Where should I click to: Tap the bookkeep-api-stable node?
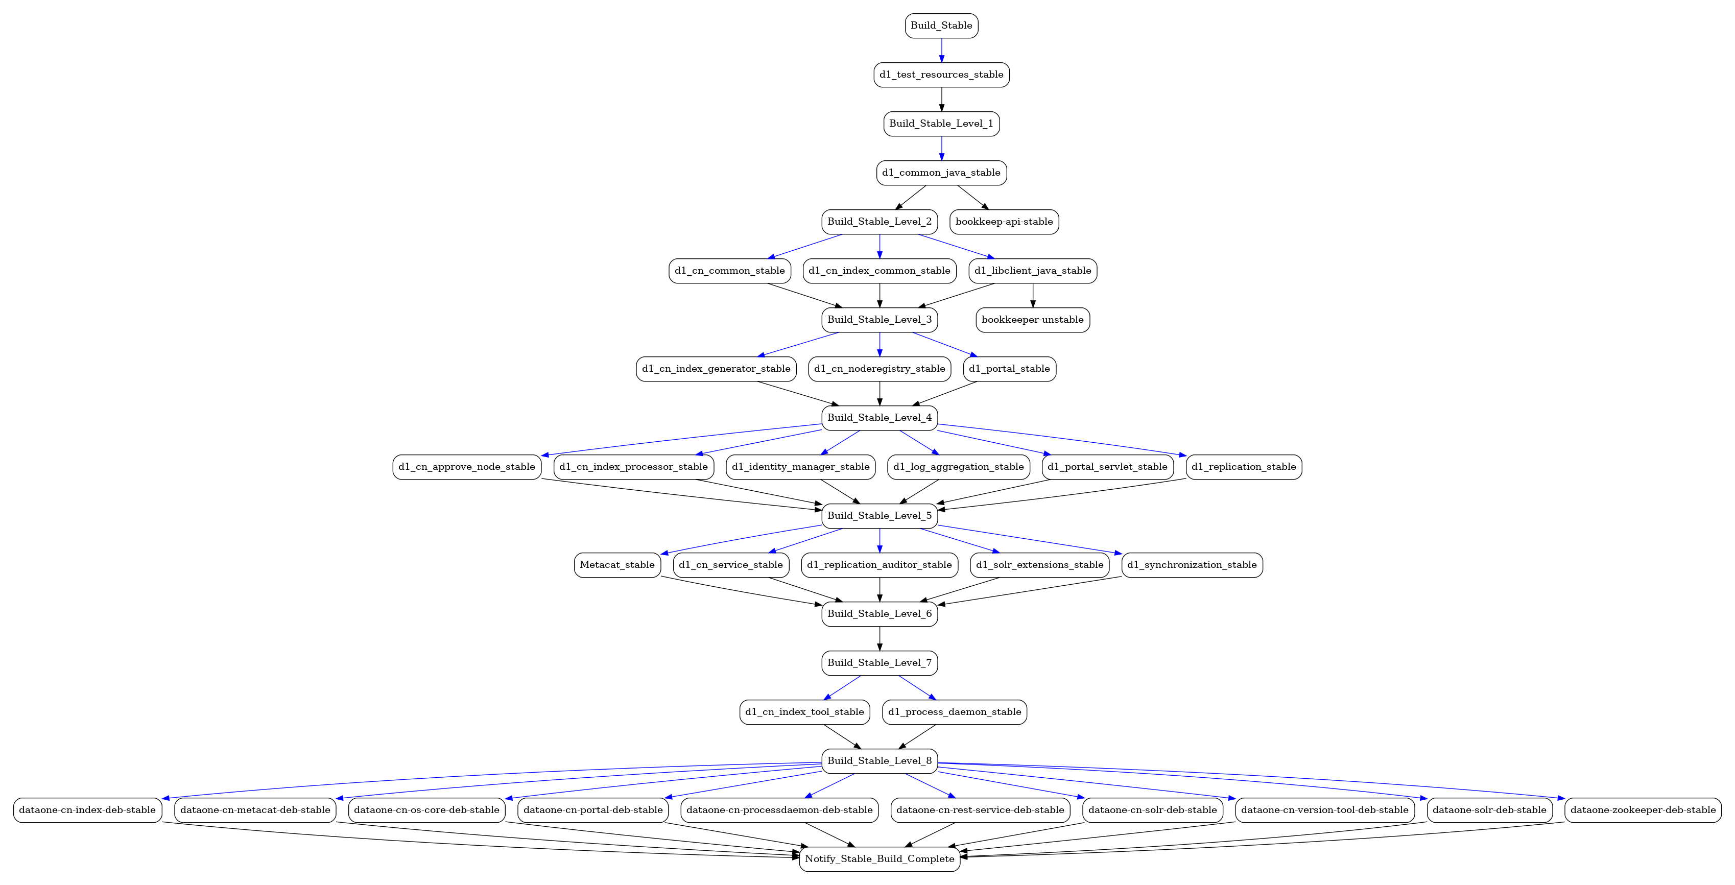(1004, 222)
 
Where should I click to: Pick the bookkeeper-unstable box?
(1033, 320)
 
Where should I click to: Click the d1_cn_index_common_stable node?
(879, 271)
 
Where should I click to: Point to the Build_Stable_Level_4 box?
(879, 418)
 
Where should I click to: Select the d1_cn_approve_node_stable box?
(467, 467)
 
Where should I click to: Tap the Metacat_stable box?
(617, 565)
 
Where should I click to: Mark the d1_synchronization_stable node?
(1192, 565)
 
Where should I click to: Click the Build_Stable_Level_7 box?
(879, 663)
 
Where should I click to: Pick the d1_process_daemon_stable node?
(955, 712)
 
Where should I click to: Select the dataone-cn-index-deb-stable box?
(87, 810)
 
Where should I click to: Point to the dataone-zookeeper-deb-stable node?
(1643, 810)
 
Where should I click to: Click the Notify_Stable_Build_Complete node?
(879, 859)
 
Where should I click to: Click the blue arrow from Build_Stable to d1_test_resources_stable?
(942, 51)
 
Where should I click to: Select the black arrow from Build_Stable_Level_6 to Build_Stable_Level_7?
(880, 638)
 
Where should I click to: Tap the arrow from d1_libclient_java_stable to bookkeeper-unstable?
(1033, 296)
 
